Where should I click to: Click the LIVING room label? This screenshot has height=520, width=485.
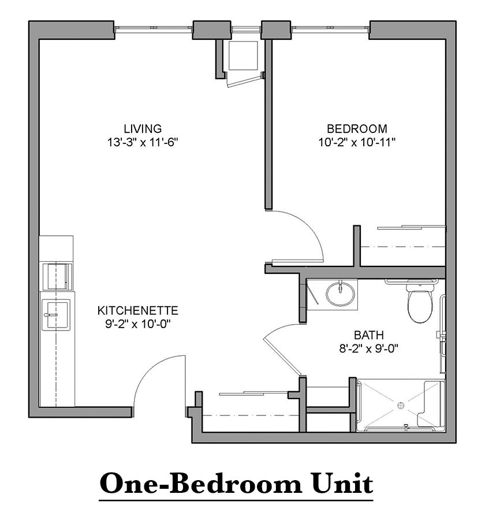[x=143, y=128]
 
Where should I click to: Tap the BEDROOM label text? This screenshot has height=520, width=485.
[x=357, y=128]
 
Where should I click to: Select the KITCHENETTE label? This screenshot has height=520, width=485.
[x=137, y=310]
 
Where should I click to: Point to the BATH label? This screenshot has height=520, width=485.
[x=368, y=335]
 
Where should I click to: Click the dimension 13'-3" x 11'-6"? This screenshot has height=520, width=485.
[x=143, y=142]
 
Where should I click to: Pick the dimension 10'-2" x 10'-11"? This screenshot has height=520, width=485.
[x=357, y=142]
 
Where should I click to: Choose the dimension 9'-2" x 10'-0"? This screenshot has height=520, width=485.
[x=137, y=324]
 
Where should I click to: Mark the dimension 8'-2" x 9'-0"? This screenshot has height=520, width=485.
[x=368, y=348]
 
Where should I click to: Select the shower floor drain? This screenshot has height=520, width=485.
[x=401, y=405]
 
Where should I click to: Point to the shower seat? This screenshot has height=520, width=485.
[x=430, y=404]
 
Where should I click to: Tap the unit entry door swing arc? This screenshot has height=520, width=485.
[x=149, y=372]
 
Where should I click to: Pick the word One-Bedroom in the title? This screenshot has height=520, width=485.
[x=200, y=485]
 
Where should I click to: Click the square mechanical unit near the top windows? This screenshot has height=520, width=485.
[x=243, y=55]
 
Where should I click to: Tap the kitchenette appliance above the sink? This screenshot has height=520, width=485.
[x=55, y=276]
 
